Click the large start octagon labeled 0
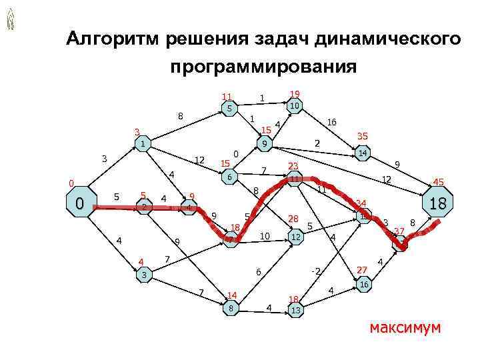(x=79, y=202)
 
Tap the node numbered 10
(x=295, y=106)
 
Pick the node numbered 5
(x=228, y=107)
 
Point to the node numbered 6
(x=229, y=179)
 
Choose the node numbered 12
(x=295, y=237)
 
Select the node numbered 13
(x=295, y=311)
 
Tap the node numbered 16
(x=363, y=285)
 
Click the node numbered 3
(x=143, y=275)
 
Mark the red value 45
(x=438, y=181)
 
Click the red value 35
(x=363, y=136)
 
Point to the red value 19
(x=295, y=94)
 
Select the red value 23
(x=293, y=166)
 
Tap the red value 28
(x=293, y=219)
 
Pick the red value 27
(x=362, y=270)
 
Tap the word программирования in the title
(x=263, y=67)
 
